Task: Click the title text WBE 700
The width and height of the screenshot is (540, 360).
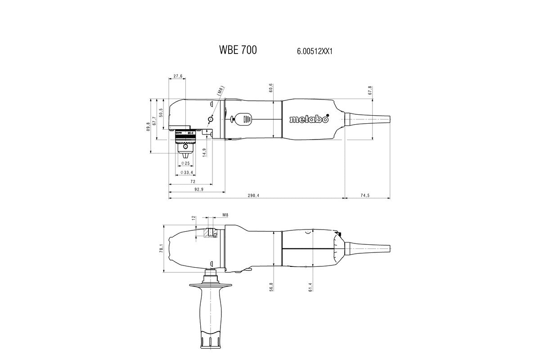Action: (238, 50)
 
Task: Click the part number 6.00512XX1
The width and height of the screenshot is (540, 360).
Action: (314, 52)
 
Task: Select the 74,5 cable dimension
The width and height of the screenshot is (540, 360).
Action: (364, 195)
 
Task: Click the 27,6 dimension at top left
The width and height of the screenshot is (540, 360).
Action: (177, 76)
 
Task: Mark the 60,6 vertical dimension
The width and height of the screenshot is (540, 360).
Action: (271, 88)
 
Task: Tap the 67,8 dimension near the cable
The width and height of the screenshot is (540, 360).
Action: (370, 90)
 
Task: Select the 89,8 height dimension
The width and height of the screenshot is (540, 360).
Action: (148, 126)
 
